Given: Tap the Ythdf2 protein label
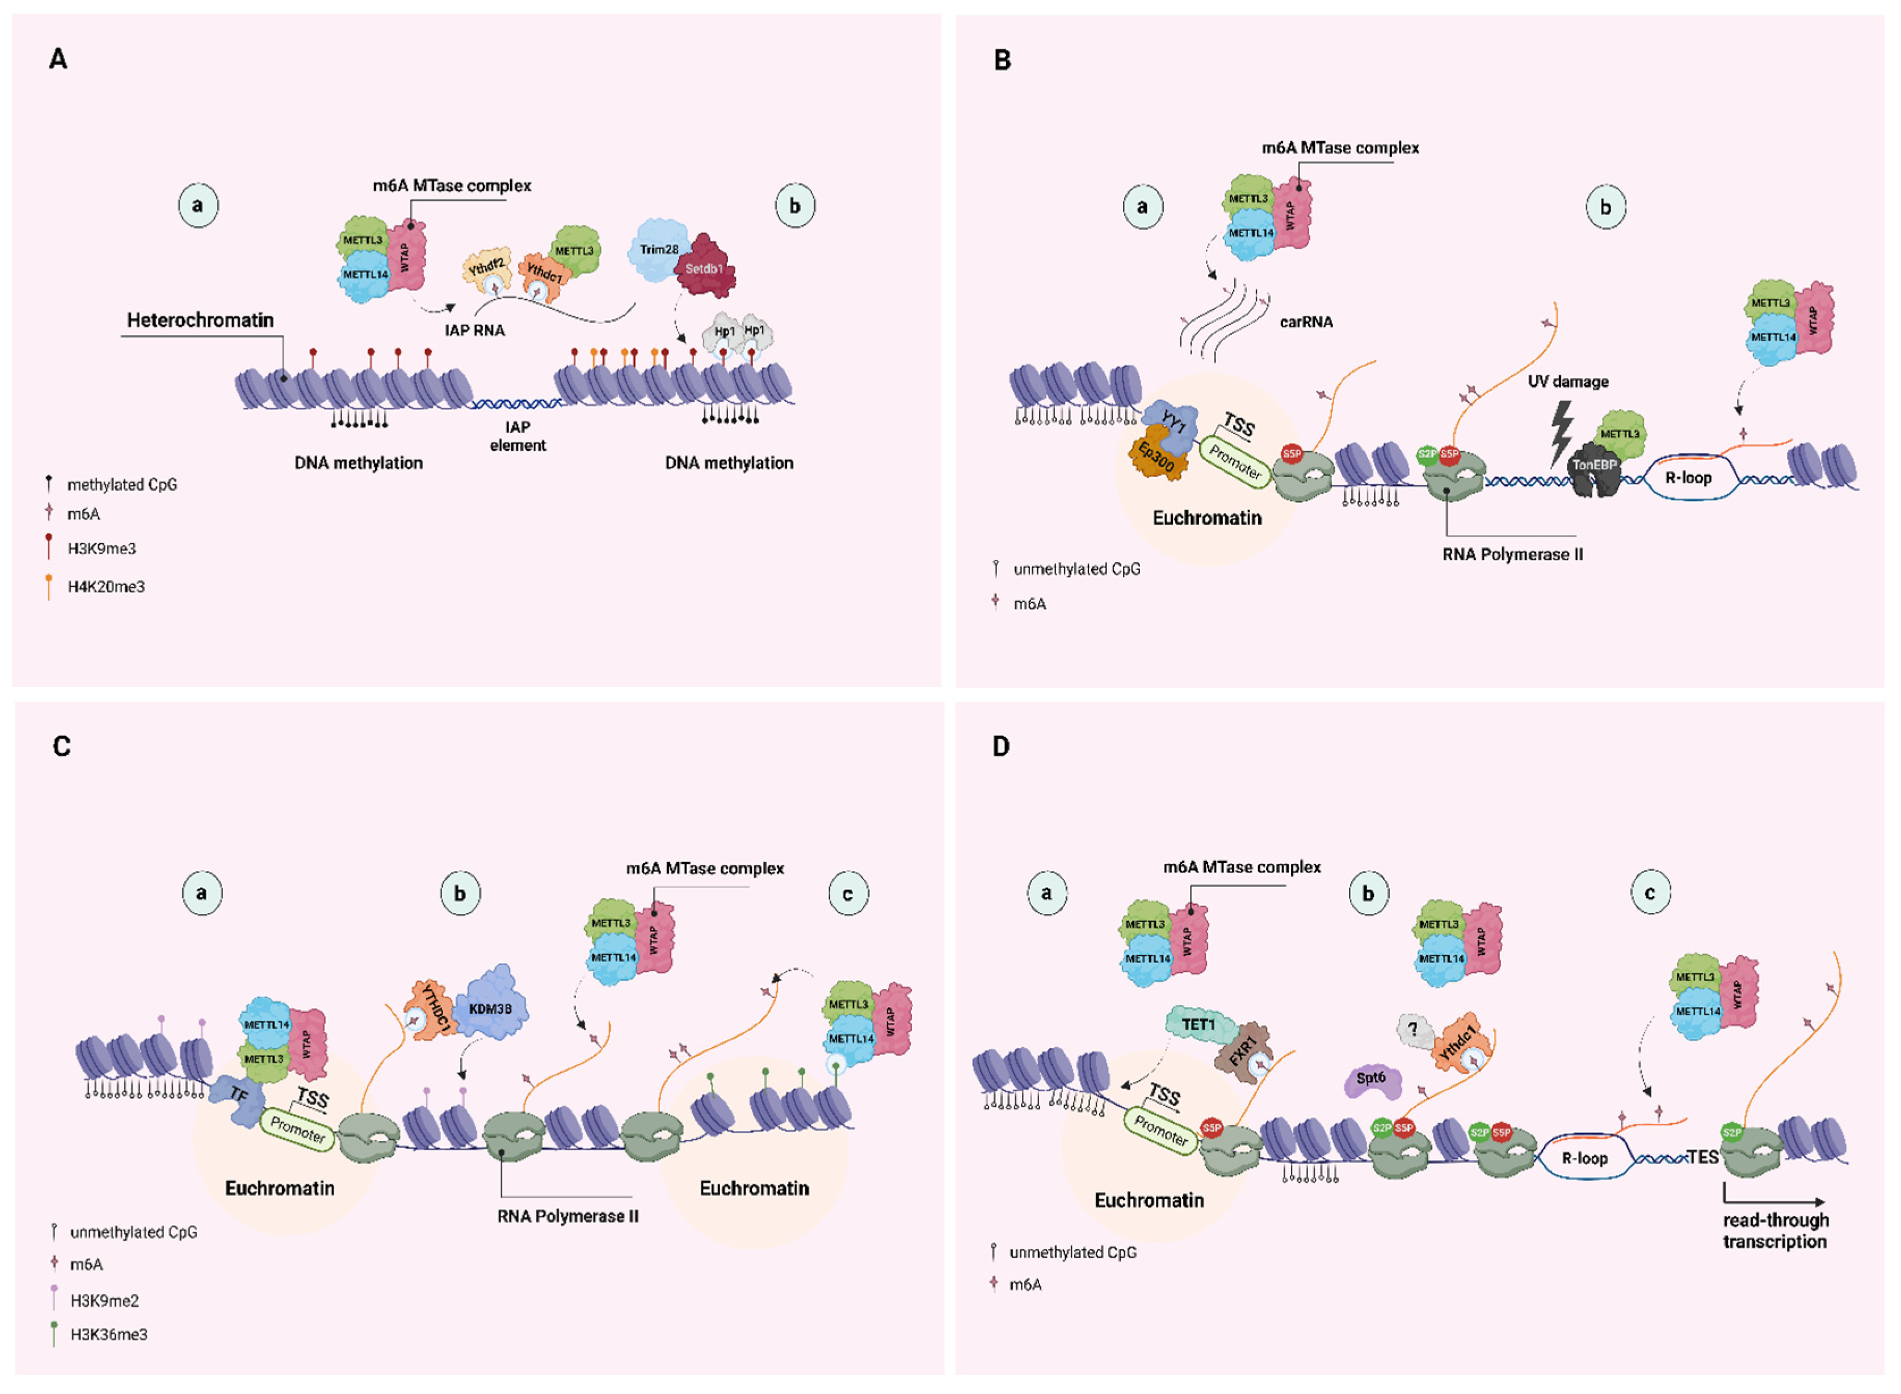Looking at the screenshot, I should (x=487, y=268).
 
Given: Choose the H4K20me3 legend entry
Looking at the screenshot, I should (x=106, y=587).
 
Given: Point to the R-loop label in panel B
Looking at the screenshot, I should (x=1688, y=478).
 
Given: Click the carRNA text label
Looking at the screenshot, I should (x=1305, y=322).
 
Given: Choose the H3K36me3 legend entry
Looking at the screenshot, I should (x=108, y=1334).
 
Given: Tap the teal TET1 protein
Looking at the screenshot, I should (x=1198, y=1025).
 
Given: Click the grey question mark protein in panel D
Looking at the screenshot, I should (x=1414, y=1029).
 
